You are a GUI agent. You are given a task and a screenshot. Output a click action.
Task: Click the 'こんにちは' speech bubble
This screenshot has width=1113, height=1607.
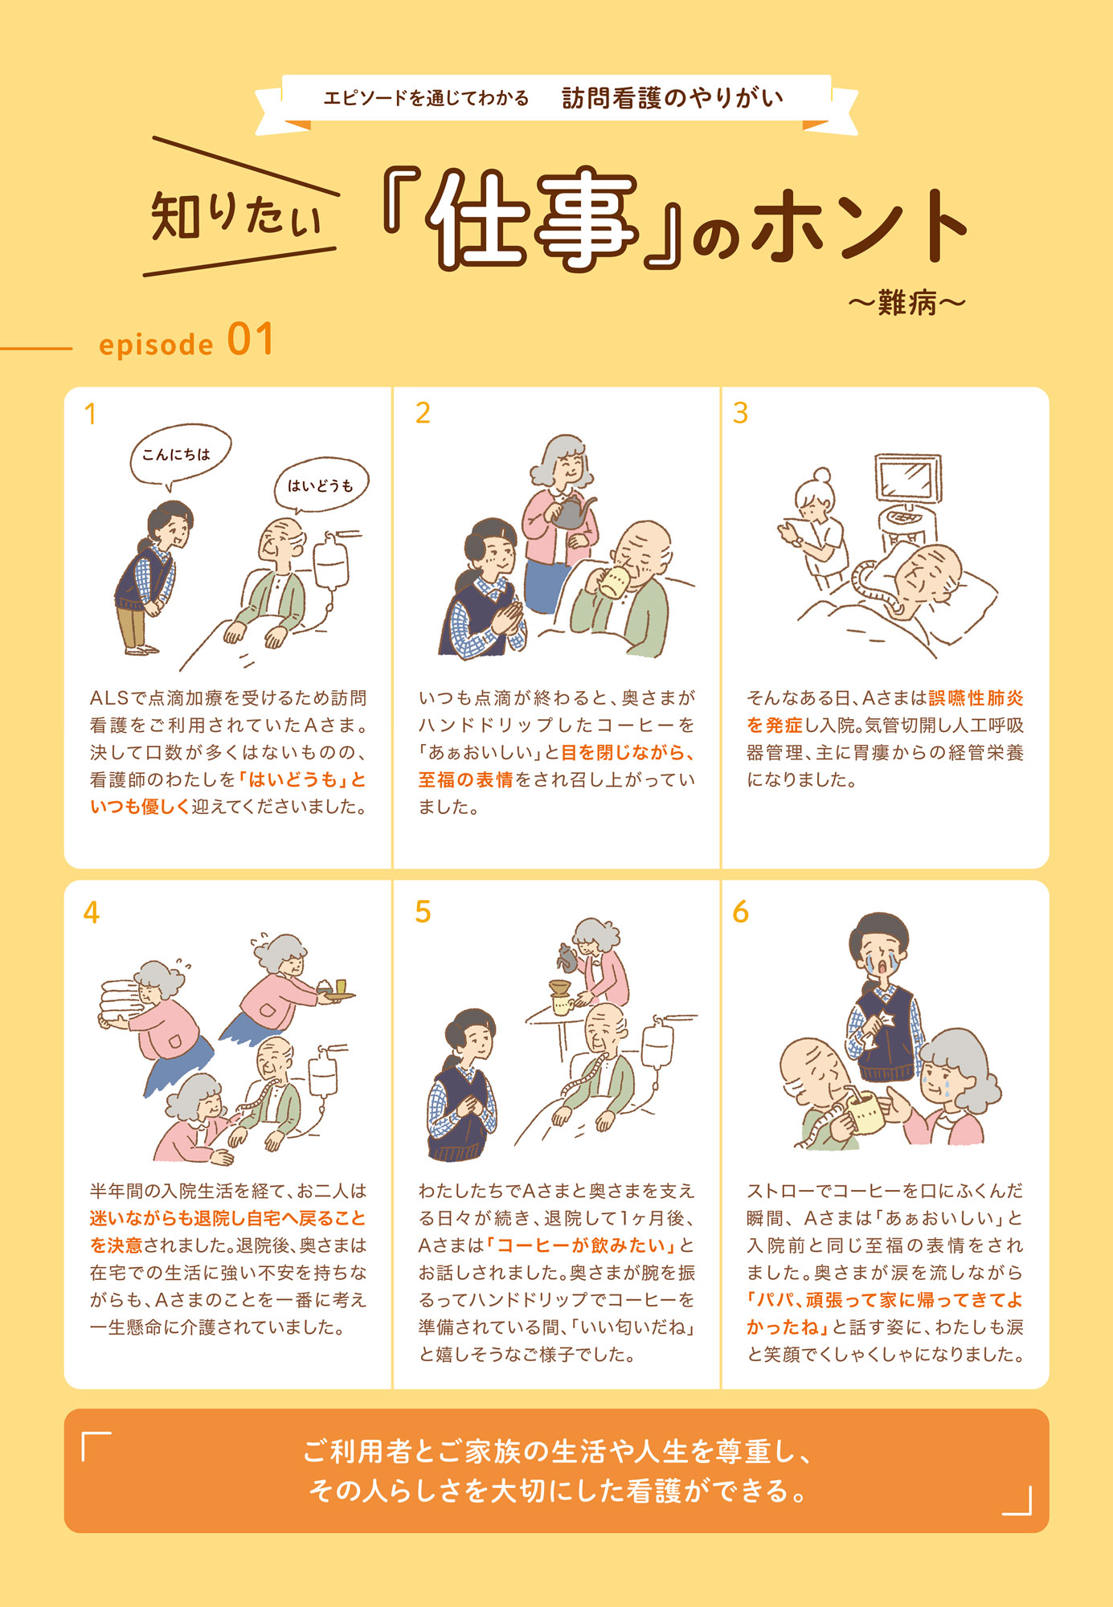[180, 455]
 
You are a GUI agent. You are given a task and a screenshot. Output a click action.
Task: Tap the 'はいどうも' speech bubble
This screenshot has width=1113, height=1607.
[321, 485]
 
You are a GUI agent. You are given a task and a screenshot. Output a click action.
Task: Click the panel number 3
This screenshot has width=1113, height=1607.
[740, 413]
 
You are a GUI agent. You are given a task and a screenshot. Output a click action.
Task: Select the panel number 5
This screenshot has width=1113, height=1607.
[423, 912]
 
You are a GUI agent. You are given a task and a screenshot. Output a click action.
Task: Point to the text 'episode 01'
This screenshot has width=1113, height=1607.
[186, 341]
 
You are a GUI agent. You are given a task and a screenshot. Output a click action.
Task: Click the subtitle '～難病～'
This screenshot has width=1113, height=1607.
[906, 304]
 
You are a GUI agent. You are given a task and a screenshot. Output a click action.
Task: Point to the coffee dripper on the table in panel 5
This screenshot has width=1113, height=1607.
[559, 989]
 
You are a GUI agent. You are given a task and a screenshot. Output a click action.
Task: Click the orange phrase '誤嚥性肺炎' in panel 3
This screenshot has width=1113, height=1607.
[976, 698]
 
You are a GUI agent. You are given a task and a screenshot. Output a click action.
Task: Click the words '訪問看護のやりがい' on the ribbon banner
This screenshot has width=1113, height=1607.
[672, 98]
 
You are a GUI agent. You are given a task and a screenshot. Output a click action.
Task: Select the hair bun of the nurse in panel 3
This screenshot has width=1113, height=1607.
[821, 475]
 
